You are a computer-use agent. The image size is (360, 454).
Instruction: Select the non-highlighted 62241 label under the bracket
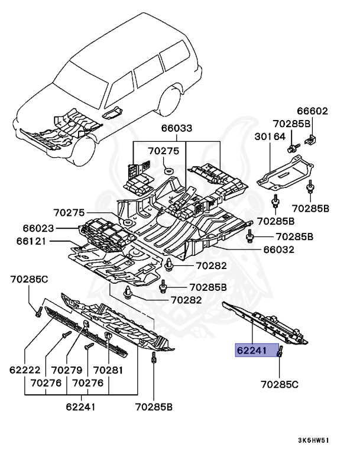80,407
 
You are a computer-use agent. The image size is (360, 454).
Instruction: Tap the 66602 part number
312,111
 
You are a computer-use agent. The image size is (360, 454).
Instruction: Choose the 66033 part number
176,129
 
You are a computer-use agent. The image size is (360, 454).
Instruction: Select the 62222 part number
24,370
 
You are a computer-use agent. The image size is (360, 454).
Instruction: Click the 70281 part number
108,370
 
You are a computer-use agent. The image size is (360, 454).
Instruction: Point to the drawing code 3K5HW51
314,440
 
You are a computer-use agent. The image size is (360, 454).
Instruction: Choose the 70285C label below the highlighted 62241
280,384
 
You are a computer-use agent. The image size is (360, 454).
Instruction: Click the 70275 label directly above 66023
69,213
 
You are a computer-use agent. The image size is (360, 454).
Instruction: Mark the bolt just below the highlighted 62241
280,354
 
